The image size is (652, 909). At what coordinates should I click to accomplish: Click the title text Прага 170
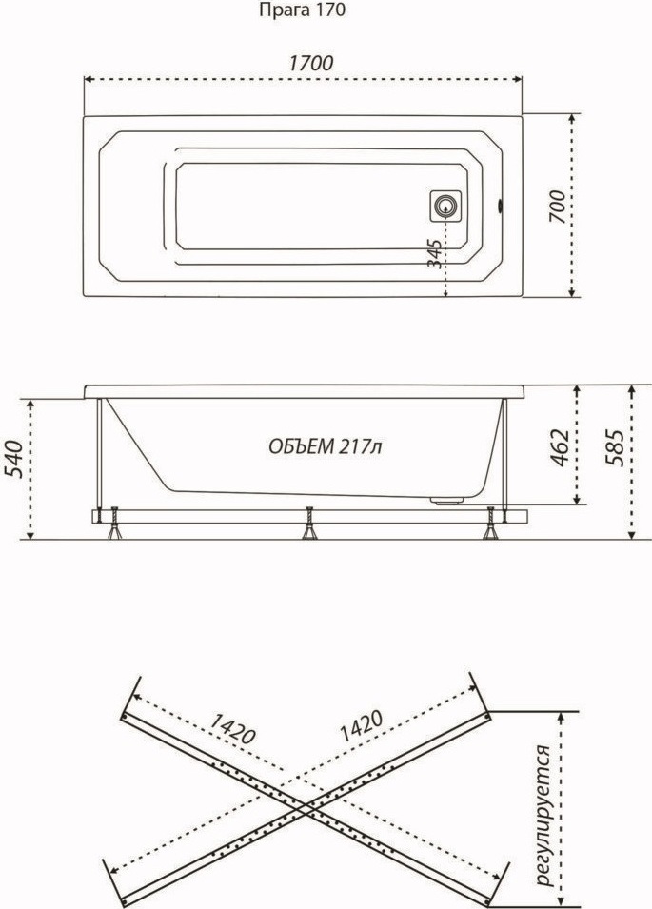(302, 10)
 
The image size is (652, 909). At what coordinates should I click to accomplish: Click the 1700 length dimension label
(311, 63)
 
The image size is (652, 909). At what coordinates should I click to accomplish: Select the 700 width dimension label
(557, 207)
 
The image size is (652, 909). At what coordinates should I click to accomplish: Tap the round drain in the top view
(445, 206)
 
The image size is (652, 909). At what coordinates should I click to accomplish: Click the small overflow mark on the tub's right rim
(501, 206)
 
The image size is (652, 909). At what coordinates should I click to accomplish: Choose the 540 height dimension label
(14, 460)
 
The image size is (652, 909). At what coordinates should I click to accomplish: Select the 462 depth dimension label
(557, 447)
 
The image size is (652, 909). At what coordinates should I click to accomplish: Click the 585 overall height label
(614, 447)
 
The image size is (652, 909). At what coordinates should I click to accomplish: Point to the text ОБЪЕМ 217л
(325, 446)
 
